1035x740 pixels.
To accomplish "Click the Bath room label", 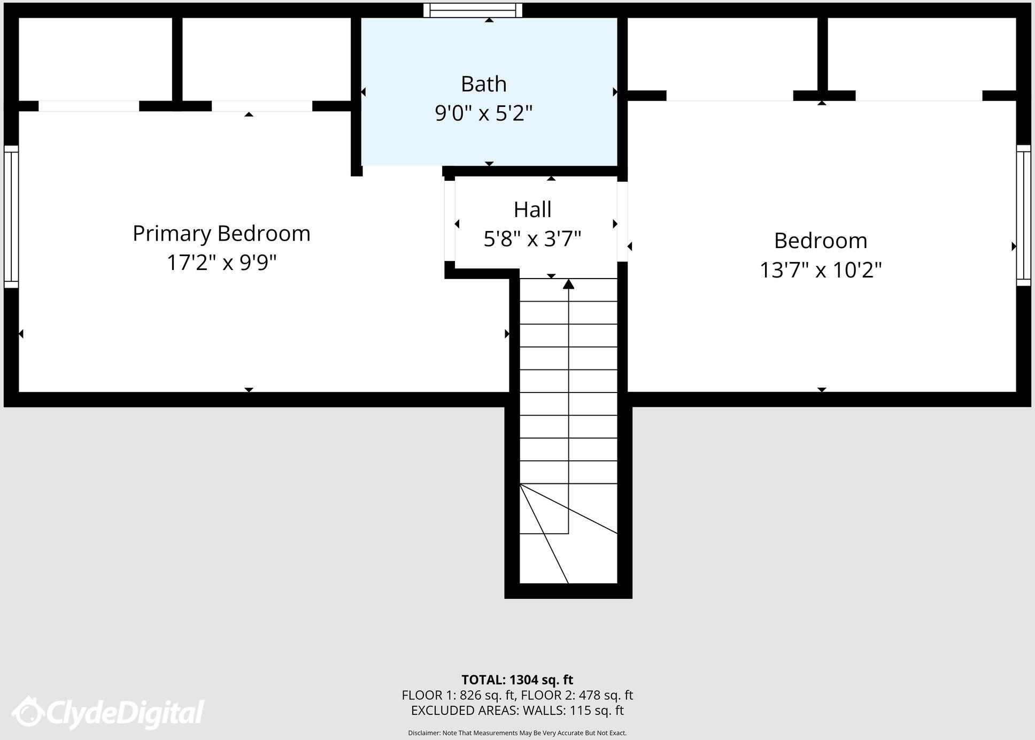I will (x=483, y=84).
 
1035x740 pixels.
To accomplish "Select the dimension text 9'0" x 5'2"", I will (x=483, y=113).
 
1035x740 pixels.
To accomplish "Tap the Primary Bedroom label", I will (x=221, y=234).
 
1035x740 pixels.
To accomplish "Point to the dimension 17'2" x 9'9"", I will (x=221, y=263).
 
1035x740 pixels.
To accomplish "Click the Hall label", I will (x=532, y=210).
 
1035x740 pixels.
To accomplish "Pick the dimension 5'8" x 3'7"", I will (x=532, y=238).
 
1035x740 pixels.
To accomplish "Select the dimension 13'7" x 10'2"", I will (x=821, y=269).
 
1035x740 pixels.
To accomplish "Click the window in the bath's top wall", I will (x=473, y=10).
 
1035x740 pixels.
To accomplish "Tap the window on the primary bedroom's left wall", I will (x=11, y=217).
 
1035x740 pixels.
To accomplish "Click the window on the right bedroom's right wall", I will (x=1023, y=215).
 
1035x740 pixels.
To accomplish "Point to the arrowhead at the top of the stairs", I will (x=568, y=284).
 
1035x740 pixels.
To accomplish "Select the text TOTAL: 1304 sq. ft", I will (x=517, y=680).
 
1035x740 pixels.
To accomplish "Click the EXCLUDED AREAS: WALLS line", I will (x=517, y=710).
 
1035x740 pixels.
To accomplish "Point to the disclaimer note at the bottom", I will (x=517, y=733).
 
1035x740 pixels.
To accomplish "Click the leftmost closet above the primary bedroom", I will (x=95, y=59).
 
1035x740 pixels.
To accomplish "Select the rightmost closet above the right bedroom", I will (x=921, y=53).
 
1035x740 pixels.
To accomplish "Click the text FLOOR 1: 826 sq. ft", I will (x=458, y=695).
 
